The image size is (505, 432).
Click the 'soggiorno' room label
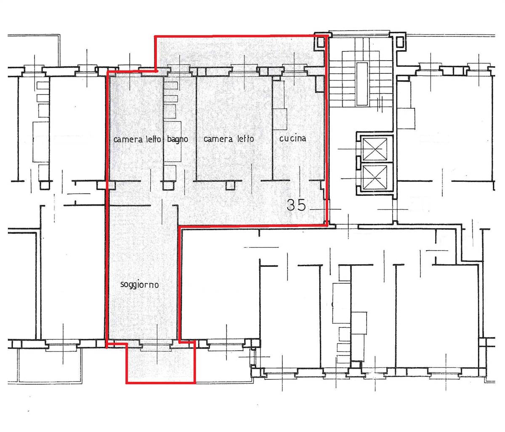coord(139,285)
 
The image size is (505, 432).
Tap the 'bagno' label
coord(177,140)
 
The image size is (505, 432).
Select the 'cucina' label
coord(292,139)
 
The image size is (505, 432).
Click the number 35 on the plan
coord(296,205)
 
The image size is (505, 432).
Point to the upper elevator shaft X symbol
coord(375,149)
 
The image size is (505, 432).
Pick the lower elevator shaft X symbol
coord(375,177)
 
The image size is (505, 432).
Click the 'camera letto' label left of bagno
coord(137,140)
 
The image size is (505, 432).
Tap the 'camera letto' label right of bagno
coord(229,139)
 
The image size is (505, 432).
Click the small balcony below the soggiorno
coord(161,363)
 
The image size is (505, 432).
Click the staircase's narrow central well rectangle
coord(362,84)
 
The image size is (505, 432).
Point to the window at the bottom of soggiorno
coord(156,345)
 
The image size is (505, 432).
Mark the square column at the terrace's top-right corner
coord(320,42)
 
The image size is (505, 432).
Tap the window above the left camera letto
coord(130,68)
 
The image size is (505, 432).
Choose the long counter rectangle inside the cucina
coord(279,105)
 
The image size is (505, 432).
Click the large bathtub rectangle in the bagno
coord(173,142)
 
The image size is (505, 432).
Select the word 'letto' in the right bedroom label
coord(246,139)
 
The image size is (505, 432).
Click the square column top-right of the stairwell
coord(399,42)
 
